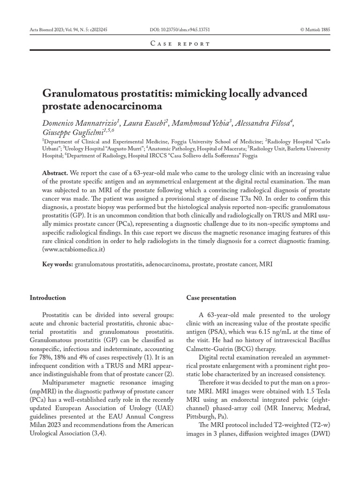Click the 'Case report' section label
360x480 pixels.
[180, 44]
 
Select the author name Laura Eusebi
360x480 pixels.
[145, 123]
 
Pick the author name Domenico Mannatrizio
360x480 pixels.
[81, 123]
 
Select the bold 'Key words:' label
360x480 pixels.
[58, 264]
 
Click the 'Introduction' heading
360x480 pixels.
[48, 298]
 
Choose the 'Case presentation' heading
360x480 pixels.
[211, 298]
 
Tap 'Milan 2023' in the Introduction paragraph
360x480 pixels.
[44, 425]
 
